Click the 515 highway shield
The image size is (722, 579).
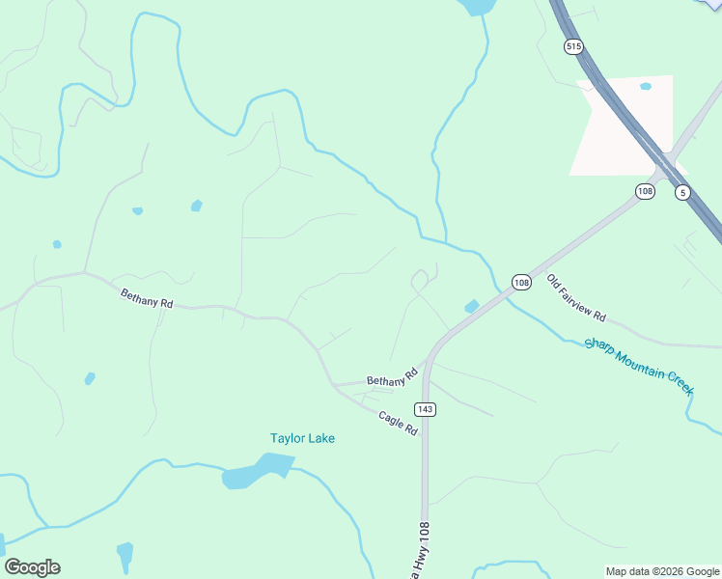tap(574, 46)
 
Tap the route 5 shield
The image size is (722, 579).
tap(682, 191)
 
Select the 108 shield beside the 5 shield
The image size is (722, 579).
tap(645, 191)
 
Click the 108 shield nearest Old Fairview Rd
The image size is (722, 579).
tap(521, 282)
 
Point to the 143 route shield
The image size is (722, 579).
tap(427, 409)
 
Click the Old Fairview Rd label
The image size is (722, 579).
tap(576, 298)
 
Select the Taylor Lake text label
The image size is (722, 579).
tap(302, 438)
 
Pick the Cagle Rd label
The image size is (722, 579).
tap(398, 423)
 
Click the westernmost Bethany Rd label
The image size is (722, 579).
tap(147, 299)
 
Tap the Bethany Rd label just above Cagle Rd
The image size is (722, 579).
tap(392, 377)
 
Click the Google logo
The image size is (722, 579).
tap(32, 567)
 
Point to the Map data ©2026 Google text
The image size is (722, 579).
tap(662, 571)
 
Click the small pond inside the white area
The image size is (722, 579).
tap(645, 86)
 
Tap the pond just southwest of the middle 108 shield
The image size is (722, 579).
tap(471, 306)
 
